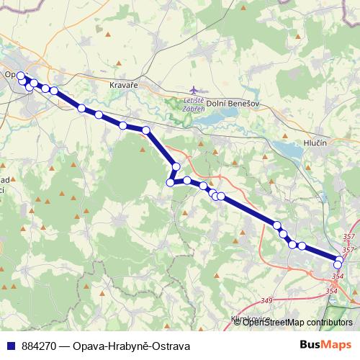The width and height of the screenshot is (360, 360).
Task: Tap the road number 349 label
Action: (x=267, y=300)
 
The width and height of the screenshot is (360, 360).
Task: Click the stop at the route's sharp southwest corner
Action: (x=171, y=183)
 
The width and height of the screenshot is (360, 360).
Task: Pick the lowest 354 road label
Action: (x=332, y=290)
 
